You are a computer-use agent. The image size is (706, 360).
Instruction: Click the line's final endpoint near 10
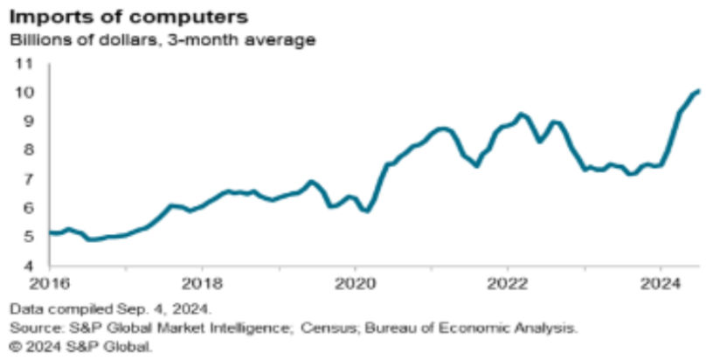698,91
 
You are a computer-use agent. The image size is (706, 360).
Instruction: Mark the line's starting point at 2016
50,232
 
